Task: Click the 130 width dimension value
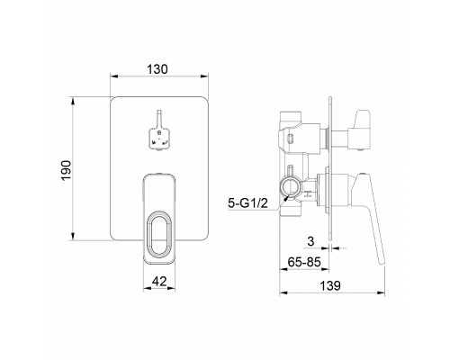[157, 69]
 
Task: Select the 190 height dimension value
[66, 170]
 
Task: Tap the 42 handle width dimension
[159, 282]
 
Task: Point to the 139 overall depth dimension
[330, 285]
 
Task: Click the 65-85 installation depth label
[304, 262]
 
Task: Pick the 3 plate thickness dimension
[310, 241]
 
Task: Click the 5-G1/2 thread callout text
[247, 203]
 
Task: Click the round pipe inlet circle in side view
[290, 187]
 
